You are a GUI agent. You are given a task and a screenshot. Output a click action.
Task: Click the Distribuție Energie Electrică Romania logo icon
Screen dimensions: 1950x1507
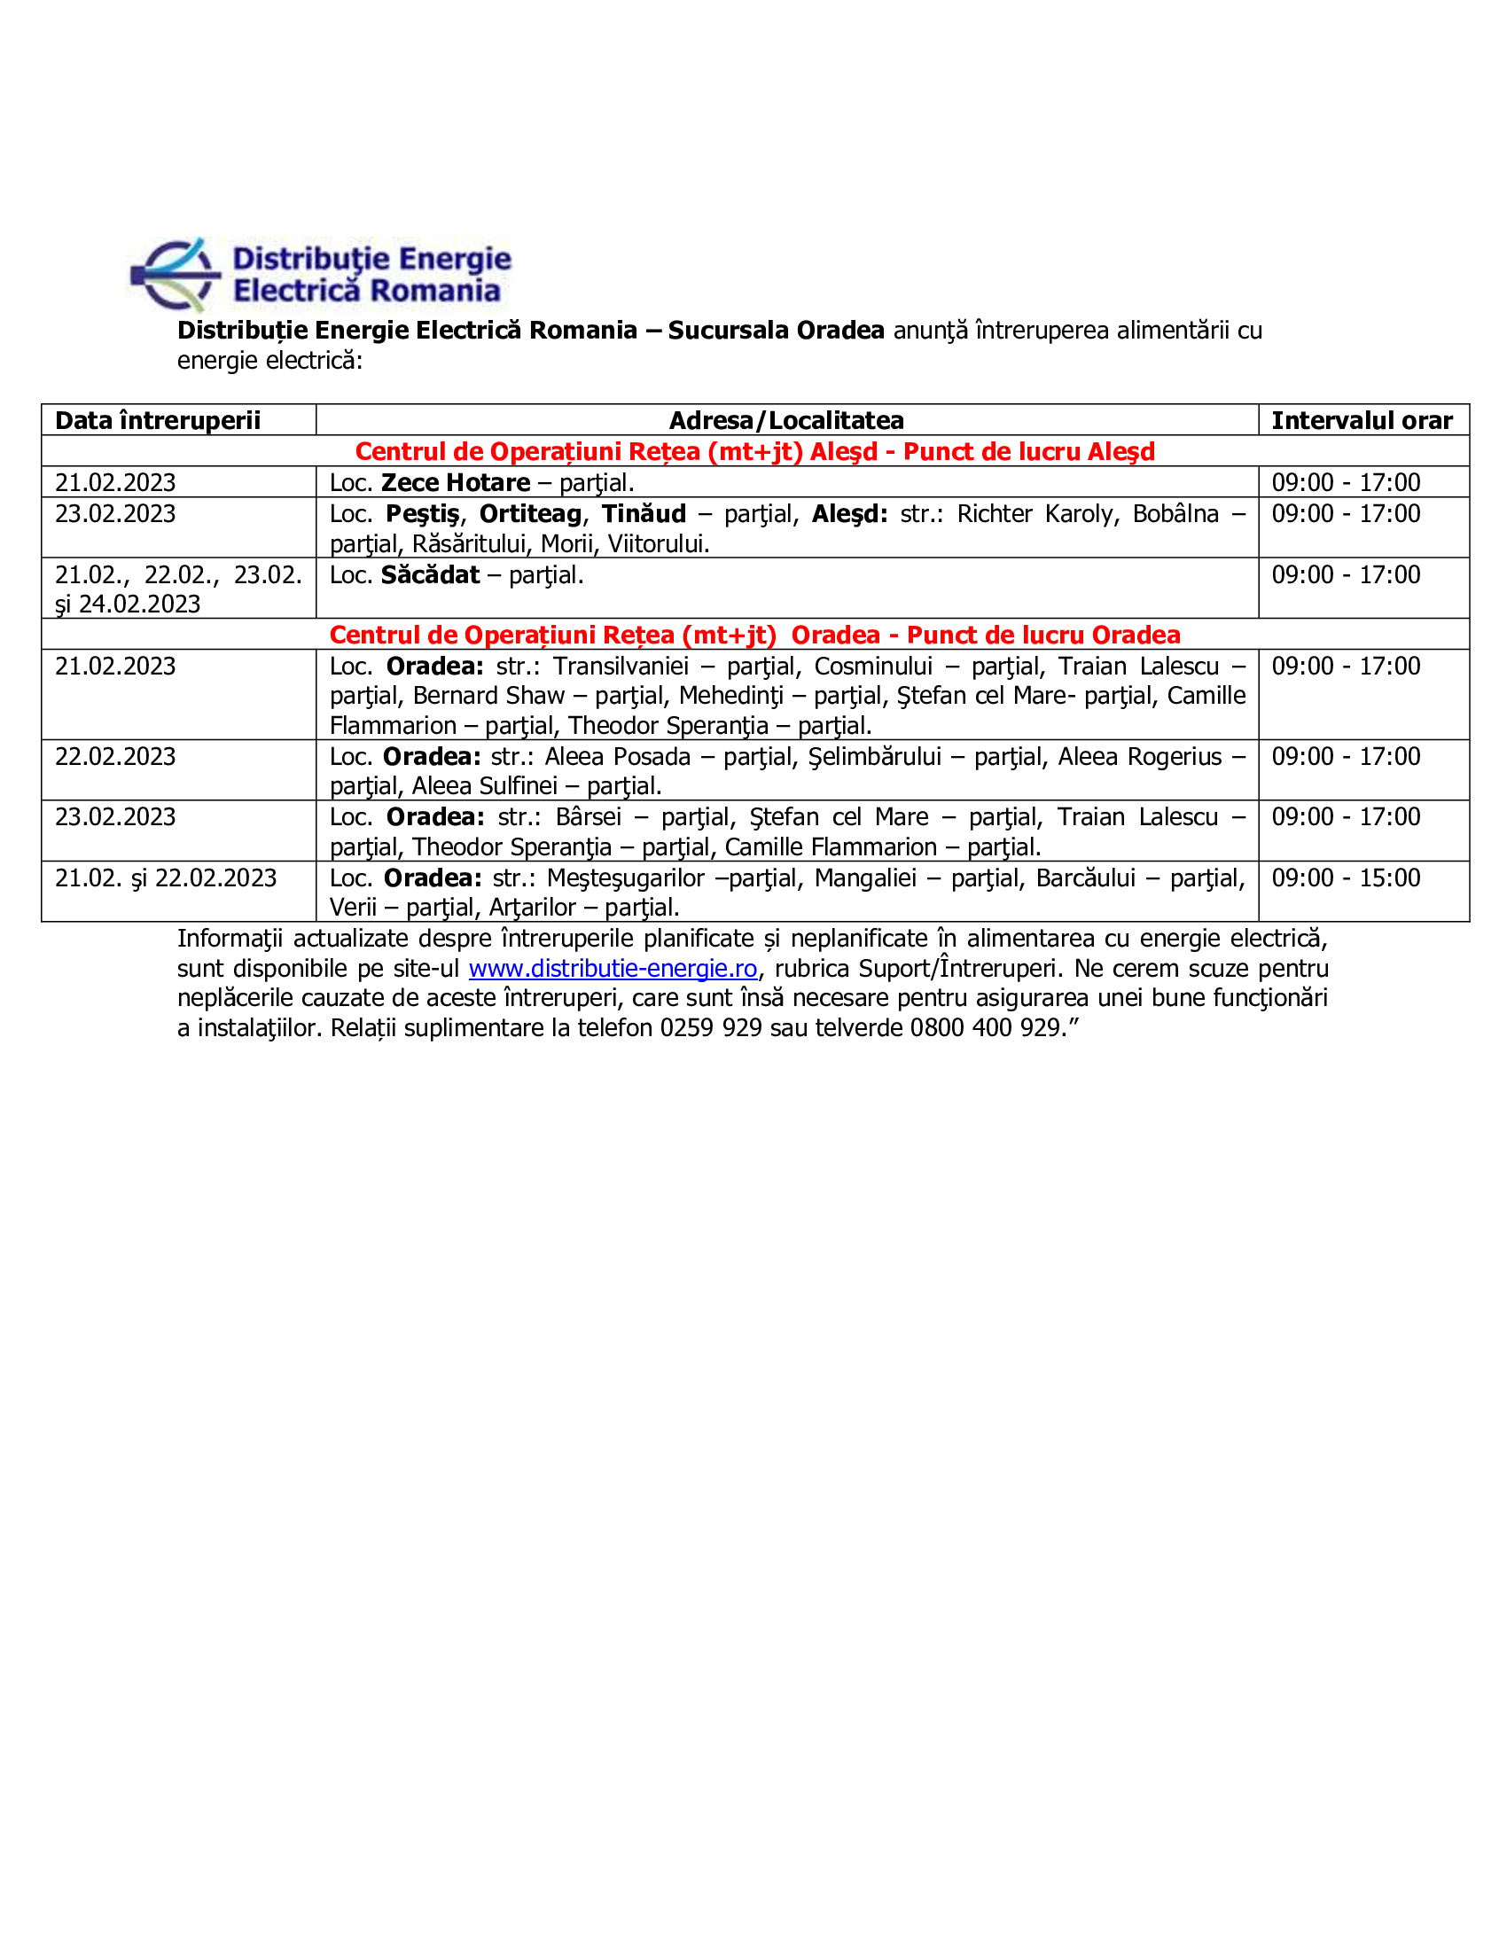coord(175,274)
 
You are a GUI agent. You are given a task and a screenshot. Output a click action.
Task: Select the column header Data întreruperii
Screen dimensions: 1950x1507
coord(158,420)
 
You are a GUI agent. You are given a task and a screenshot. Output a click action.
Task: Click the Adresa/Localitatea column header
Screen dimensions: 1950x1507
coord(786,420)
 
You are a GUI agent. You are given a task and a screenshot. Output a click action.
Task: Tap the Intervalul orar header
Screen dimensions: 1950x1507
coord(1362,420)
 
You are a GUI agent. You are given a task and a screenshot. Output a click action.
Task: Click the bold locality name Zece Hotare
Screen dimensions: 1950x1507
coord(456,483)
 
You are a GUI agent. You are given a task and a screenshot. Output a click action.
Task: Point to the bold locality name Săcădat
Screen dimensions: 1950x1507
coord(430,575)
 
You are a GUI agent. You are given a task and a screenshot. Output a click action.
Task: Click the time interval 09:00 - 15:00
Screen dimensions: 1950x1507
coord(1346,877)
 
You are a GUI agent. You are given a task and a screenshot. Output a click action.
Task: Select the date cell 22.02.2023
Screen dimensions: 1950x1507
coord(115,756)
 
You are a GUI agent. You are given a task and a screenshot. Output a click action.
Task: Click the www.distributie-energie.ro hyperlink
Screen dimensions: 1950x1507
coord(613,969)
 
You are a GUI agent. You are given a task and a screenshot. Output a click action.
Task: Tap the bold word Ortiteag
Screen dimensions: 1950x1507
coord(530,514)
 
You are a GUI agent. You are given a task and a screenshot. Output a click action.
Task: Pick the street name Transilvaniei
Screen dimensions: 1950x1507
coord(621,666)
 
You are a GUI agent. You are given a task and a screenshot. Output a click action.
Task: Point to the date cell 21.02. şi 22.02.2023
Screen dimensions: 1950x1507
coord(166,878)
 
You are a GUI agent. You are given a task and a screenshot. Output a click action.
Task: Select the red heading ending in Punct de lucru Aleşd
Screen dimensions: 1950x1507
coord(754,452)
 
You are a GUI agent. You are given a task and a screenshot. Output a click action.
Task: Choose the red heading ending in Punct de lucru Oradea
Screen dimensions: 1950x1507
coord(754,635)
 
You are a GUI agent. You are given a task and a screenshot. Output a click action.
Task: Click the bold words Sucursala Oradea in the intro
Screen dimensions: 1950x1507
coord(776,331)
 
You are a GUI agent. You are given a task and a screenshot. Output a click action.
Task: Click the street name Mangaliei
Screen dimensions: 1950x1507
coord(865,878)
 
